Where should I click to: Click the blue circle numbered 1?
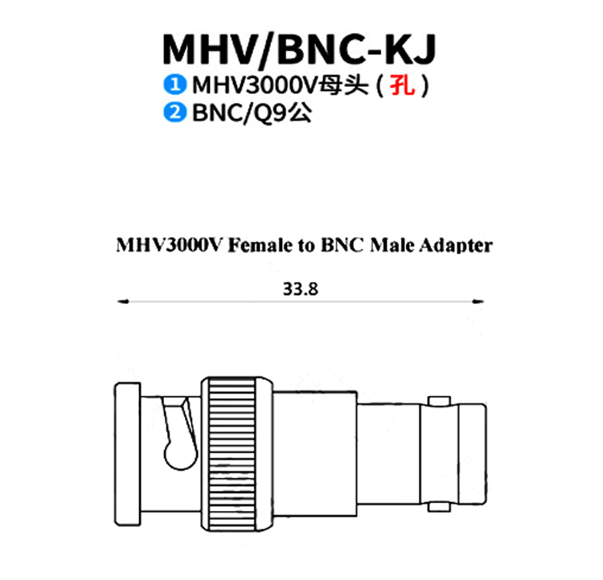175,84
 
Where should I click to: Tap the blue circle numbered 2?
175,112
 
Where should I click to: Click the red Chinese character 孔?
403,85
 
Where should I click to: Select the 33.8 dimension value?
301,289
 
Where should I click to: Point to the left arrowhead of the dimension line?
123,302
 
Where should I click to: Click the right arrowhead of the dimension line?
478,302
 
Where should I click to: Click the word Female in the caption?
260,245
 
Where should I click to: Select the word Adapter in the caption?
456,246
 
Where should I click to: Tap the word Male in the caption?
392,245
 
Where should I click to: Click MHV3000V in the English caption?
169,245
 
